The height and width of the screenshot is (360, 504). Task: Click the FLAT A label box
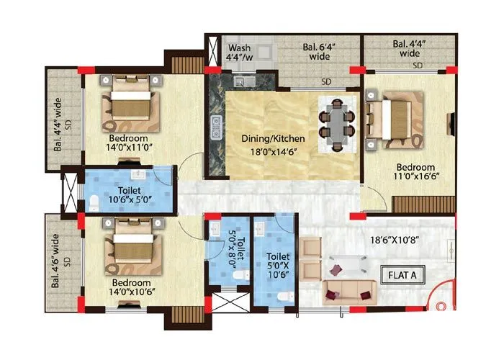click(403, 274)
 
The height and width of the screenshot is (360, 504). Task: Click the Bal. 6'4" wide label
click(320, 50)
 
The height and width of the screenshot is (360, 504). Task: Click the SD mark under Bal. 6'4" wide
click(326, 81)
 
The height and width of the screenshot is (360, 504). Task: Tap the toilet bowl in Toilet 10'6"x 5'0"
click(96, 200)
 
